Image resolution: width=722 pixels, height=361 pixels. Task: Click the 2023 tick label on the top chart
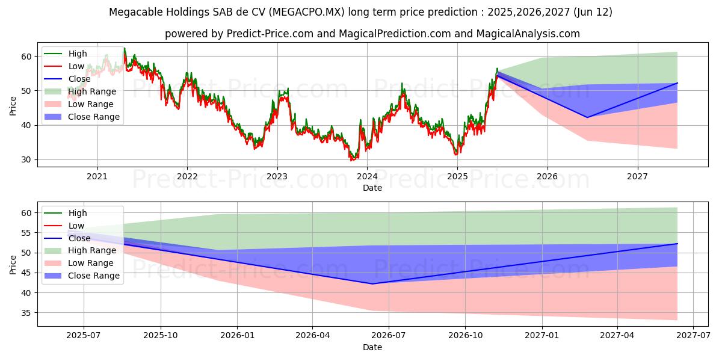coord(277,176)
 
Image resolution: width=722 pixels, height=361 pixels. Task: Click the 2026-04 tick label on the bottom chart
coord(313,336)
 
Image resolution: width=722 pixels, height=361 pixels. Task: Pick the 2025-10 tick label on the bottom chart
coord(161,336)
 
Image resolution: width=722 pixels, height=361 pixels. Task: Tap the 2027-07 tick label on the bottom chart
coord(693,336)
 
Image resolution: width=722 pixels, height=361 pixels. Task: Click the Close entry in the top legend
coord(79,79)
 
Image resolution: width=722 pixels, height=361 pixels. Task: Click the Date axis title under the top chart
coord(372,188)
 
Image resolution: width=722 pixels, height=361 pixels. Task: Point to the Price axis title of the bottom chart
coord(13,264)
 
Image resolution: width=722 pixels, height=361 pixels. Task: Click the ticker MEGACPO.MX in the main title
coord(307,12)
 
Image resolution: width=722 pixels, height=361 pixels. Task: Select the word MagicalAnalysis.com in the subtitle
coord(528,34)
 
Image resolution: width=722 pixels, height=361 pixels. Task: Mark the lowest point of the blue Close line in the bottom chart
coord(372,284)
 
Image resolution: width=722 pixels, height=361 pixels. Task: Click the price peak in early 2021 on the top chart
coord(125,48)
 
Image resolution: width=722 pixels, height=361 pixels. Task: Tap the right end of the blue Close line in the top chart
coord(677,83)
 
